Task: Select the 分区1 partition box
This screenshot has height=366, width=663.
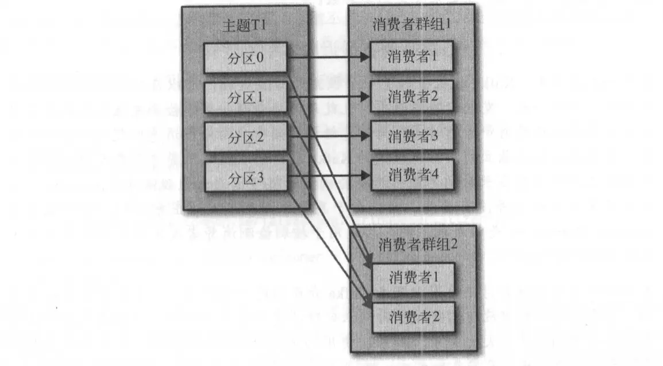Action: [x=246, y=98]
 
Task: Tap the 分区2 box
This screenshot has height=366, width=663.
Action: [x=246, y=137]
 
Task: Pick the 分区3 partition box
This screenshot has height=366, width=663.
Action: [x=246, y=177]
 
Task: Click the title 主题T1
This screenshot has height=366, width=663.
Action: [x=245, y=26]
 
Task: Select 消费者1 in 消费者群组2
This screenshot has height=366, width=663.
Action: [x=413, y=278]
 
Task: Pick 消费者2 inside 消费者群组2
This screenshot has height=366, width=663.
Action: [x=413, y=316]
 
